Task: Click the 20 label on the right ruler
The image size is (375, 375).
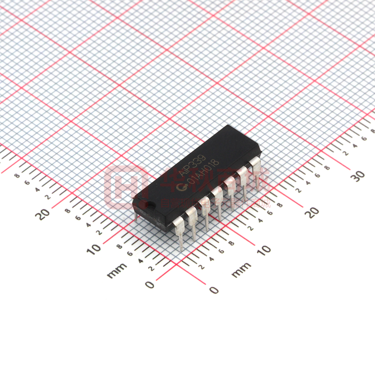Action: [312, 211]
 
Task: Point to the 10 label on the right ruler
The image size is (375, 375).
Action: [264, 249]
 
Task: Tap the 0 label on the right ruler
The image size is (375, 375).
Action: [213, 290]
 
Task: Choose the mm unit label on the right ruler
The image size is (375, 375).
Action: [241, 270]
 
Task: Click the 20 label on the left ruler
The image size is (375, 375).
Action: [43, 214]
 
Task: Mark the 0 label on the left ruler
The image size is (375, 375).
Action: [150, 285]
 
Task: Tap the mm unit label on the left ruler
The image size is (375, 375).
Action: [117, 271]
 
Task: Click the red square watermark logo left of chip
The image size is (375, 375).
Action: [125, 187]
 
